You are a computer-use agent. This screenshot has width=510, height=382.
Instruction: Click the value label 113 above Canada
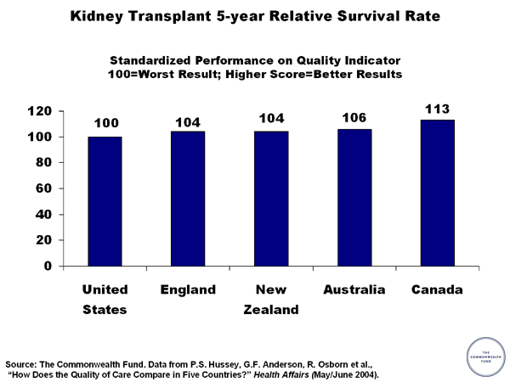(438, 109)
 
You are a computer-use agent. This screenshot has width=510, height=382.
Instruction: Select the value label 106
(354, 118)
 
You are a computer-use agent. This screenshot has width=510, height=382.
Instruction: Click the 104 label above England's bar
(188, 121)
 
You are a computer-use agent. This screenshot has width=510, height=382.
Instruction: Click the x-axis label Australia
(354, 290)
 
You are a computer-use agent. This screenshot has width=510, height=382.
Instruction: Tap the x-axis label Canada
(437, 290)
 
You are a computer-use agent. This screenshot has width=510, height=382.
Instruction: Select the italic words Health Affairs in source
(287, 374)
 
